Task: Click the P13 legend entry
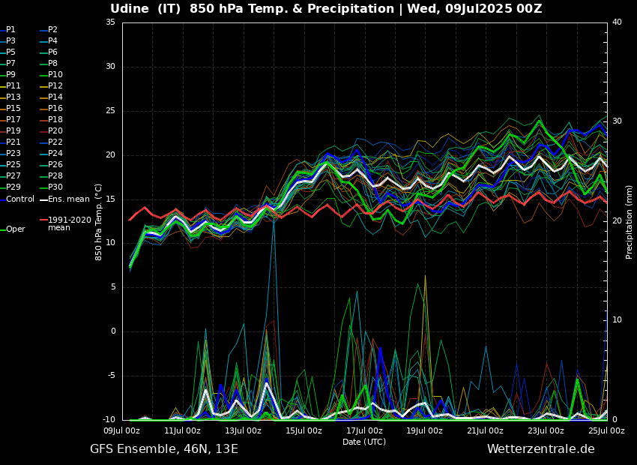(13, 97)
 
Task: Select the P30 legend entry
(55, 187)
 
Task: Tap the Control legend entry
(20, 199)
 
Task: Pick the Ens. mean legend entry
(68, 199)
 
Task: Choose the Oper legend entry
(15, 229)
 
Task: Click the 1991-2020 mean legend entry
(69, 223)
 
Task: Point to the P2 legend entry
(52, 30)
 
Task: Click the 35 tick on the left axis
(110, 22)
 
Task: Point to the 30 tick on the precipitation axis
(617, 121)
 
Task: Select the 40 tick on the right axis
(617, 22)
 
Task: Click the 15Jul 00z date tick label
(304, 430)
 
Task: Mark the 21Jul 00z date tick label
(485, 430)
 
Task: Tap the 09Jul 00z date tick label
(121, 430)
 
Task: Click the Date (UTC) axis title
(364, 442)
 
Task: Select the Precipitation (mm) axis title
(630, 221)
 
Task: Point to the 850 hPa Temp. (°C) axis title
(98, 221)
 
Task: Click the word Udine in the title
(132, 9)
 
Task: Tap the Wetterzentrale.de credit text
(540, 449)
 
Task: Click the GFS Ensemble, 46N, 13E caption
(164, 449)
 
